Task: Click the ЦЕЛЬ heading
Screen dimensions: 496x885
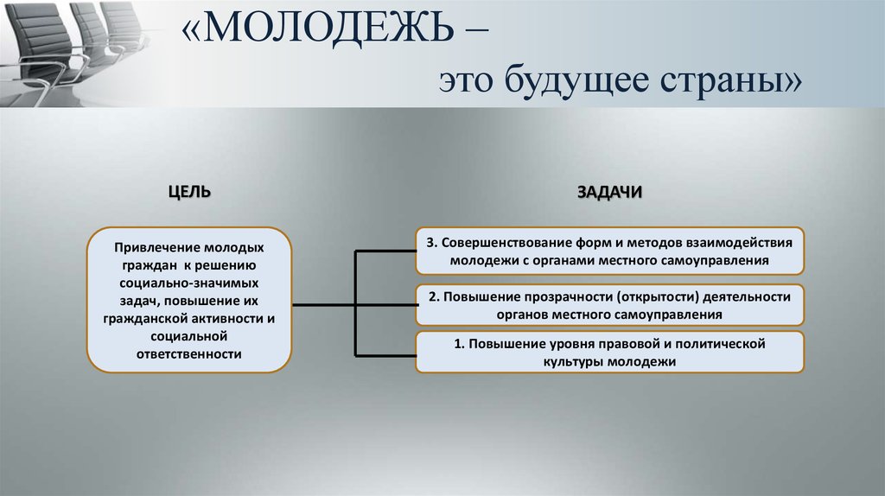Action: click(x=189, y=192)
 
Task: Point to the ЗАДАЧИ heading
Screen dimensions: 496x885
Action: click(x=609, y=192)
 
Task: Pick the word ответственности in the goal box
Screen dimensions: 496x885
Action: click(x=189, y=354)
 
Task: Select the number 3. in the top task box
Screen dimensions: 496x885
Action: click(x=433, y=242)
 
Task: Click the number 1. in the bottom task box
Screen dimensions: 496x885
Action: click(x=460, y=344)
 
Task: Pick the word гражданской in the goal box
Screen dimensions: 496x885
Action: click(x=156, y=319)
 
